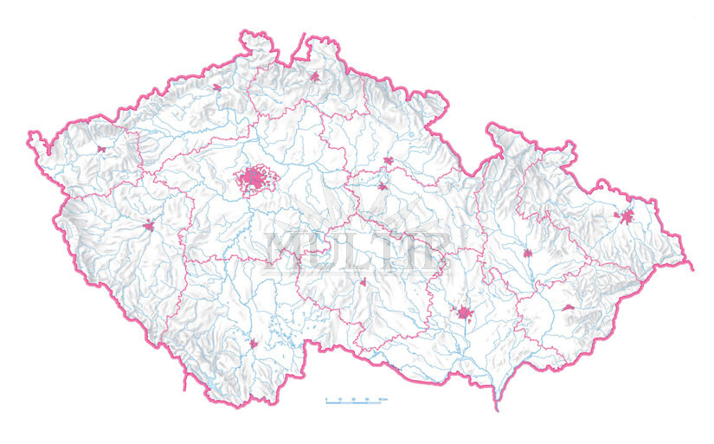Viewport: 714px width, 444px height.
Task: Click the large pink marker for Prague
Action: point(254,179)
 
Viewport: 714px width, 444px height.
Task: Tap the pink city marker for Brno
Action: point(465,312)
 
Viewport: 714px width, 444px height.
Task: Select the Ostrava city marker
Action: point(626,216)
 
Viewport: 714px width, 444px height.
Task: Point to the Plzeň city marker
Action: point(149,227)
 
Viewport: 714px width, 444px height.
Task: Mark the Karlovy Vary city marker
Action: point(101,150)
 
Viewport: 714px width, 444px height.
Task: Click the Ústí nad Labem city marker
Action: point(216,87)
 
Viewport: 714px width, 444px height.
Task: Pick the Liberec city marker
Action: point(315,77)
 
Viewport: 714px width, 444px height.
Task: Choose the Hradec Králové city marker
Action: point(389,161)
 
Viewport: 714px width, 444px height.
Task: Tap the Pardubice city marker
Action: point(382,186)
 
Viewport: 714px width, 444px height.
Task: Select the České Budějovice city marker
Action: point(254,344)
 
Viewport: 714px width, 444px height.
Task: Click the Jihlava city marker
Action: point(363,282)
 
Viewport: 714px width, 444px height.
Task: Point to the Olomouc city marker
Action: point(528,254)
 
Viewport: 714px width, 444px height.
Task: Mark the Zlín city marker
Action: point(569,307)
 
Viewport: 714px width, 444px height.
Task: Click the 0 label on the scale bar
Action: point(326,398)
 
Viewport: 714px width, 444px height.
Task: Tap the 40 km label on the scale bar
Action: point(383,398)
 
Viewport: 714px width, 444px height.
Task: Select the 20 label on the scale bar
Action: point(354,398)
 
